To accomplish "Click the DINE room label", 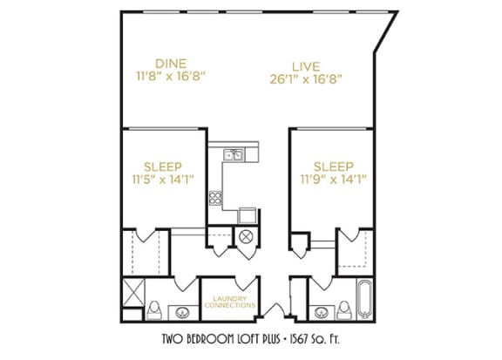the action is click(171, 64).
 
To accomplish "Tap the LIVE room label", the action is click(306, 66).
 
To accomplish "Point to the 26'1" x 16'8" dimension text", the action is click(306, 79).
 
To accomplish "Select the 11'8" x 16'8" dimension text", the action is click(171, 76).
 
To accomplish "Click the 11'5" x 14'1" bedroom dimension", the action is click(163, 180).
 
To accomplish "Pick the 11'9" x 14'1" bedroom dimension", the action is click(333, 180).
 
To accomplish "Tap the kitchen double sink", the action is click(234, 155).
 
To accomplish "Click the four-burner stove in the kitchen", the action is click(215, 198).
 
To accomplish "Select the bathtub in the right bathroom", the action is click(365, 299).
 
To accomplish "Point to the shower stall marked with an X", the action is click(133, 292).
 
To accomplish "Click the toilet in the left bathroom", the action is click(154, 310).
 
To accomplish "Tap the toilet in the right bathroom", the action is click(344, 310).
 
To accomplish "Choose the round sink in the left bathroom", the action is click(182, 312).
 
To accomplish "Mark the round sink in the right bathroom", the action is click(321, 312).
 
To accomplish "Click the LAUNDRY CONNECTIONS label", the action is click(230, 302).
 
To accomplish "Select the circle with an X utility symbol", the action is click(246, 237).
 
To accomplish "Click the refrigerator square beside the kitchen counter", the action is click(248, 215).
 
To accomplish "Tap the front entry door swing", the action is click(274, 309).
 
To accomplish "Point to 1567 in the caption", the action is click(300, 338).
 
